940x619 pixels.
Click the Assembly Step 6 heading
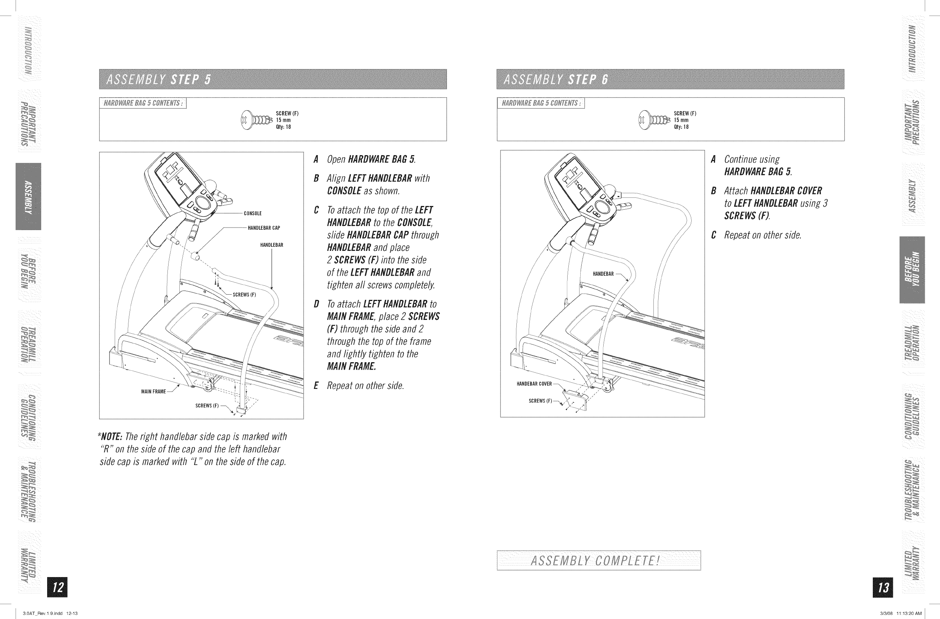[x=556, y=80]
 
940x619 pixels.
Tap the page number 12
[x=58, y=587]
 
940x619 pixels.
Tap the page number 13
[x=884, y=587]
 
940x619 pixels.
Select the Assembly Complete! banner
[x=598, y=560]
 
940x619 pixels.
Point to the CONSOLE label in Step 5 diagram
[x=253, y=214]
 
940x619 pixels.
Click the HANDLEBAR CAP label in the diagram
[x=264, y=228]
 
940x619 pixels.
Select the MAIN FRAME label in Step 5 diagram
[x=154, y=392]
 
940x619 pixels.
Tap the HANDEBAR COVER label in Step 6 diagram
[x=534, y=384]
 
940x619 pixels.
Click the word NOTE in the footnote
[x=112, y=437]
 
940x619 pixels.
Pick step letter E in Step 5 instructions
[x=316, y=386]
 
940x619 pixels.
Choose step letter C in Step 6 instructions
[x=713, y=235]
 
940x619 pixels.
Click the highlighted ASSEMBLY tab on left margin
[x=29, y=196]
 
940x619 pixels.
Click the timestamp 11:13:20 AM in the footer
[x=909, y=613]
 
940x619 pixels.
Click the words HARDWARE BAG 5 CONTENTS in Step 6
[x=541, y=104]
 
